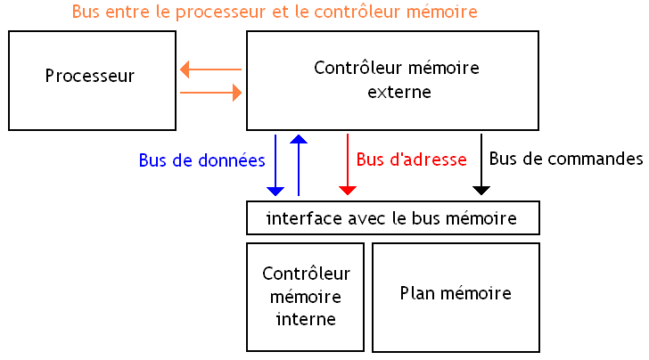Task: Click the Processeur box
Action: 89,80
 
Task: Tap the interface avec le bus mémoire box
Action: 392,217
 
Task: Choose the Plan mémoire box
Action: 456,296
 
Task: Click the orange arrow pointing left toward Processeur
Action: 210,69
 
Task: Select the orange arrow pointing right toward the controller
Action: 210,92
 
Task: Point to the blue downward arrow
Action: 275,165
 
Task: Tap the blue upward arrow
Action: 299,165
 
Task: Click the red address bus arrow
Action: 348,165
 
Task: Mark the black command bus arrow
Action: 481,165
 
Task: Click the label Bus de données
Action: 201,161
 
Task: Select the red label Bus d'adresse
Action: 411,160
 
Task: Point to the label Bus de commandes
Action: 566,160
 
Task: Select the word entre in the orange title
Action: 126,12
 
